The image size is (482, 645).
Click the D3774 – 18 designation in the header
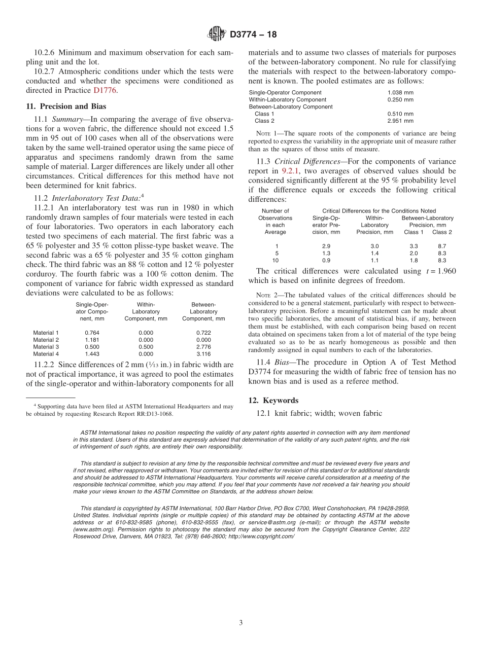[x=253, y=35]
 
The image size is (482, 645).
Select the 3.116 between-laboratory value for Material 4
[x=203, y=354]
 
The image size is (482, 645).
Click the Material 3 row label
[x=46, y=347]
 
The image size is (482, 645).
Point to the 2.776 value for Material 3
[x=203, y=347]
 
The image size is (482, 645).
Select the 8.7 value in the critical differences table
[x=441, y=246]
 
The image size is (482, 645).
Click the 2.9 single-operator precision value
[x=326, y=246]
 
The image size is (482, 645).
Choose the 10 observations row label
[x=276, y=260]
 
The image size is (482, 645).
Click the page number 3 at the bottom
[x=241, y=623]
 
